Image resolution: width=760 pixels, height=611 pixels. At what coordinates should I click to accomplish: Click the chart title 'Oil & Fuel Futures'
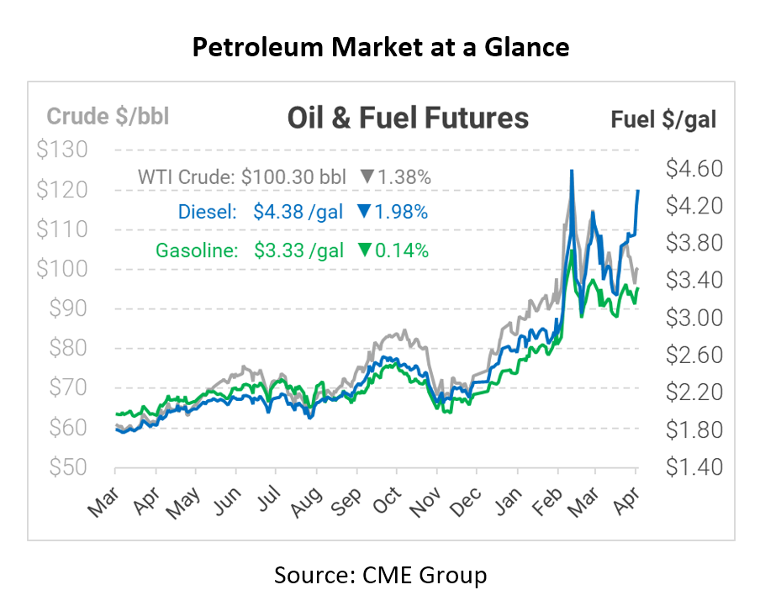(x=408, y=118)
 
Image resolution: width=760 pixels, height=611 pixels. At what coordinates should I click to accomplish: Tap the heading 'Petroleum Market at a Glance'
(x=380, y=48)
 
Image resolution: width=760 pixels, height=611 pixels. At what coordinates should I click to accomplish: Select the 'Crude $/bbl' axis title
(x=108, y=117)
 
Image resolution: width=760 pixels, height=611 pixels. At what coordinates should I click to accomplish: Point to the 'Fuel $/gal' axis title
(x=663, y=119)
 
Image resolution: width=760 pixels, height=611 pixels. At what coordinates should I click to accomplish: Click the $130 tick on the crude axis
(x=64, y=150)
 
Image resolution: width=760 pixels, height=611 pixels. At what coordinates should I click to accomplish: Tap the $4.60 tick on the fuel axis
(x=693, y=169)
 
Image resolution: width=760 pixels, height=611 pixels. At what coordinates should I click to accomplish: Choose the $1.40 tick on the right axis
(x=693, y=467)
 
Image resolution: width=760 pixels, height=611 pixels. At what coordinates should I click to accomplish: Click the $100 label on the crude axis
(x=64, y=270)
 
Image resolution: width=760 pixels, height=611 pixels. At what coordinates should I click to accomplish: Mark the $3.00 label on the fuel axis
(x=693, y=319)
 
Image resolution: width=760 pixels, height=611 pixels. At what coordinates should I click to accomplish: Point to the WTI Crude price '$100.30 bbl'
(x=293, y=177)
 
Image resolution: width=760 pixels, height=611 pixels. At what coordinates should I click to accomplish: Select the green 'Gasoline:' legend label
(x=195, y=250)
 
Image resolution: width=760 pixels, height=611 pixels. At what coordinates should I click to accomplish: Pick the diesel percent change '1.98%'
(x=403, y=213)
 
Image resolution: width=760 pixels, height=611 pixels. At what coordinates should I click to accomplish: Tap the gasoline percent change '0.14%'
(x=403, y=250)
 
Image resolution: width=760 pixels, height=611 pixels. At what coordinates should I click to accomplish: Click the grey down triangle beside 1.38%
(x=367, y=177)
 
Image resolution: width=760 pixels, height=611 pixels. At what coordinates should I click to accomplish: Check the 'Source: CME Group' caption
(x=380, y=576)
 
